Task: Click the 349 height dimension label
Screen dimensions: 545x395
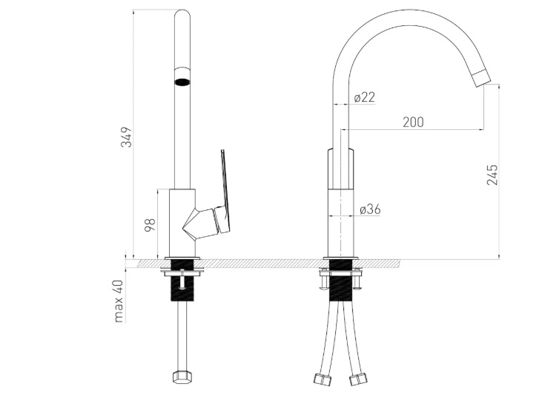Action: [127, 137]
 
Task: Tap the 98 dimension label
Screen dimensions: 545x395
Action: [150, 225]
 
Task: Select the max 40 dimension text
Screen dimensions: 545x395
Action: [119, 301]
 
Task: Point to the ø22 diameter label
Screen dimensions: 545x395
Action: [365, 97]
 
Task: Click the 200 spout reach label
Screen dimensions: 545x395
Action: [413, 123]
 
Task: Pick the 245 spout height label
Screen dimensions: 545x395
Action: [492, 174]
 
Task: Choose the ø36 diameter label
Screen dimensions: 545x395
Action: [370, 209]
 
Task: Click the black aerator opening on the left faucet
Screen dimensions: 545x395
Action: [182, 82]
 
